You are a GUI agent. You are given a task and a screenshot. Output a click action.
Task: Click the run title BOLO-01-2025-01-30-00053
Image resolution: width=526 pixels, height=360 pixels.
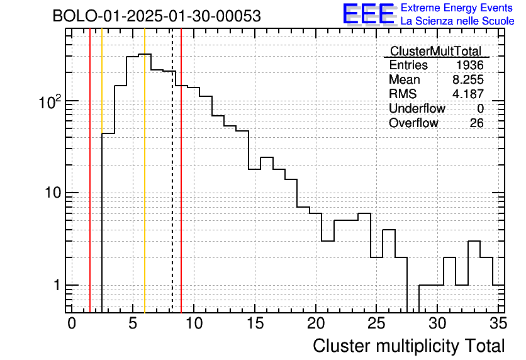(x=156, y=16)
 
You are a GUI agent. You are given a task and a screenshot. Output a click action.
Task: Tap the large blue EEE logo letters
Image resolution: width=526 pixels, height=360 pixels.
(x=368, y=14)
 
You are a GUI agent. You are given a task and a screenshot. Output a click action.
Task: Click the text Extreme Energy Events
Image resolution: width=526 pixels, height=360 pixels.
(x=457, y=8)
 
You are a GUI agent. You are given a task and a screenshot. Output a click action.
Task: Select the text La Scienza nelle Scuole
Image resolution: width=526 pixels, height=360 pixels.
(x=457, y=21)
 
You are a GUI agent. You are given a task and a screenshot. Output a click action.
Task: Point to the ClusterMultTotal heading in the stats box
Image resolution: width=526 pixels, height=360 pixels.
(x=435, y=52)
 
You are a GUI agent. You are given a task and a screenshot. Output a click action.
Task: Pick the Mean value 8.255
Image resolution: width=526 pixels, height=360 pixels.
(x=468, y=80)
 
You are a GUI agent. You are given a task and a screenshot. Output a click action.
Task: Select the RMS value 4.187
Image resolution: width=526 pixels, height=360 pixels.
(x=468, y=94)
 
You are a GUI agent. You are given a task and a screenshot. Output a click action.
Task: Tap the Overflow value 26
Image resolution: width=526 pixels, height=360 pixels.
(x=476, y=123)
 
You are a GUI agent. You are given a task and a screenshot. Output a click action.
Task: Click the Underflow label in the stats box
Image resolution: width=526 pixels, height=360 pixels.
(x=417, y=108)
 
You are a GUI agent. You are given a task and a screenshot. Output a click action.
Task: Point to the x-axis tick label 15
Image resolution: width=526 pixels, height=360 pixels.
(x=254, y=323)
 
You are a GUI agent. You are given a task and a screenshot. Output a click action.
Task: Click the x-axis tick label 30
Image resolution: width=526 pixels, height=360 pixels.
(x=437, y=323)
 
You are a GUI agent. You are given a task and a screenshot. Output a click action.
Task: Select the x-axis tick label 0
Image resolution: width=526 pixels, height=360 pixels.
(x=72, y=323)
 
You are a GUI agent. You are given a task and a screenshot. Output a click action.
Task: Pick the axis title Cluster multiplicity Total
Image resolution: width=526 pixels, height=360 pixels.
(x=408, y=346)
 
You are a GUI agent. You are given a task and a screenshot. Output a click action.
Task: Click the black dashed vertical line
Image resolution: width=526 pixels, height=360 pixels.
(x=172, y=189)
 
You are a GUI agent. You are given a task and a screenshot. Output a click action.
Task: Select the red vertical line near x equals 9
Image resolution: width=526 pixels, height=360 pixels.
(x=181, y=189)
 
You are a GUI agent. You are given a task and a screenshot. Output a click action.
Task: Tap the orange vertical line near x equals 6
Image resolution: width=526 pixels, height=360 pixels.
(x=145, y=189)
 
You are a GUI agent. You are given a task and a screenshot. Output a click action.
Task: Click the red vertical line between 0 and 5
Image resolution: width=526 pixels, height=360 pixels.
(x=90, y=189)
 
